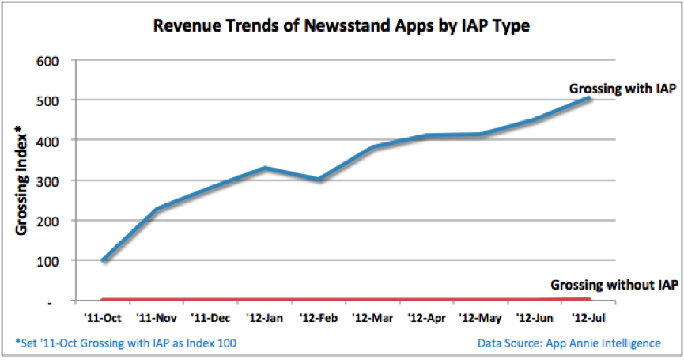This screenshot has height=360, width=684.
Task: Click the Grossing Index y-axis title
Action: [x=22, y=182]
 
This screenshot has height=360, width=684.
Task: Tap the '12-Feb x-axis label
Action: [x=320, y=319]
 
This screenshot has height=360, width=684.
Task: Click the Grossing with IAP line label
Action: [x=622, y=89]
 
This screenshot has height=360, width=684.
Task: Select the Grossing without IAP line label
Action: [x=613, y=284]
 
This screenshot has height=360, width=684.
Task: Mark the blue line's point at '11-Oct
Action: [x=103, y=260]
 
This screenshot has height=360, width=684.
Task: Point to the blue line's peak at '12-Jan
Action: [x=265, y=168]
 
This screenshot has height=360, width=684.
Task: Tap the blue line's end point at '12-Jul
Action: [x=589, y=98]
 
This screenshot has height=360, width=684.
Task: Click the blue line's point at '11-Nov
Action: [x=157, y=210]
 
